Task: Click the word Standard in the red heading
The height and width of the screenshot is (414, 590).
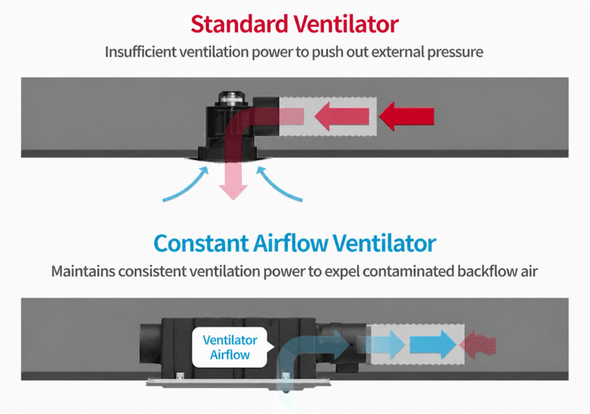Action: tap(239, 24)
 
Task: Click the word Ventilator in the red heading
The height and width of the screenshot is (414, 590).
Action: tap(346, 24)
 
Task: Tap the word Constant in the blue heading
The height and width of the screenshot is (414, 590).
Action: tap(201, 243)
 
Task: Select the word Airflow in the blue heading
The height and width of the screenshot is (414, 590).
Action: tap(291, 243)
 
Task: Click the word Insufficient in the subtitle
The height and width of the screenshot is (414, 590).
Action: tap(139, 52)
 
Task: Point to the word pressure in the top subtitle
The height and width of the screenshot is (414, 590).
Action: tap(455, 52)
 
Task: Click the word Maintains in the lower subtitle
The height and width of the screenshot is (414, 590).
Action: tap(83, 271)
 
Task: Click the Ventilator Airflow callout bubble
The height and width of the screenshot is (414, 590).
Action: tap(230, 347)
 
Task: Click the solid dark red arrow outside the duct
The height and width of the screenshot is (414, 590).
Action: tap(406, 116)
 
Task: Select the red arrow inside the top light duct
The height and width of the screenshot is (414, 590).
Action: tap(341, 116)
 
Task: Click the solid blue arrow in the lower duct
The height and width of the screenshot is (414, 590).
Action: tap(433, 345)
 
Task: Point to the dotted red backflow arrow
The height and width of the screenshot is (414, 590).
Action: tap(478, 345)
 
